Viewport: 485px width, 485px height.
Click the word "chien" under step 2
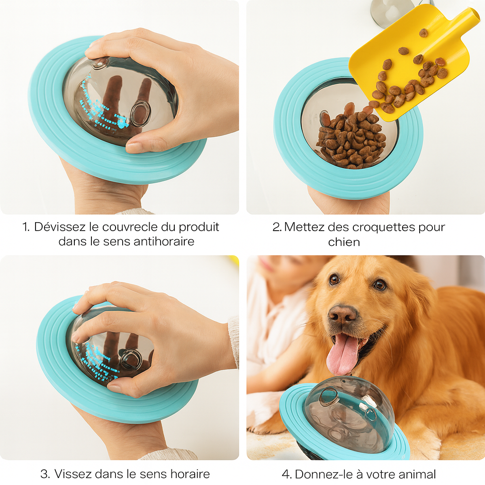(x=344, y=242)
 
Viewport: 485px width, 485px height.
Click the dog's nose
(x=342, y=314)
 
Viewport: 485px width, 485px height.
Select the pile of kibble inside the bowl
(x=351, y=139)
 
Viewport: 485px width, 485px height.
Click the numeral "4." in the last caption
(x=287, y=474)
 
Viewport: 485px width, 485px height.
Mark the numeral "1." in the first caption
(x=26, y=227)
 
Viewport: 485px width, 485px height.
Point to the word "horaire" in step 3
(x=190, y=474)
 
